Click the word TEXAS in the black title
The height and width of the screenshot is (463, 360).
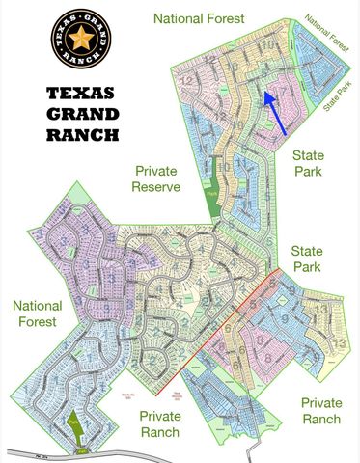[81, 94]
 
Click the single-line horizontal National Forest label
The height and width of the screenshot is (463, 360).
[200, 17]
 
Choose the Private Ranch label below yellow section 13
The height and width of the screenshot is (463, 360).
[320, 410]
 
